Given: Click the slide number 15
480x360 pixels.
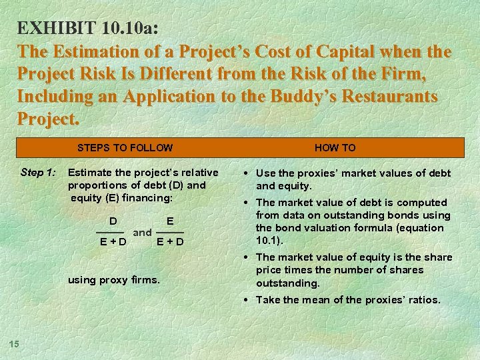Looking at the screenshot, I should (x=13, y=343).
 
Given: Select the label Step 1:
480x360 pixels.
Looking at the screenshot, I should (x=38, y=173).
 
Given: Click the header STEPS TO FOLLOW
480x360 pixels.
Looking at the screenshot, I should (x=125, y=148).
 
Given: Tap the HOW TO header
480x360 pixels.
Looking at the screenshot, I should (x=335, y=148).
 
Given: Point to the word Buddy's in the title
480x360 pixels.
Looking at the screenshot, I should (x=291, y=96).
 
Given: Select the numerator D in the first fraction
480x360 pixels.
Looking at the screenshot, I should (x=113, y=221).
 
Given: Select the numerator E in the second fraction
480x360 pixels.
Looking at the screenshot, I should (x=170, y=221).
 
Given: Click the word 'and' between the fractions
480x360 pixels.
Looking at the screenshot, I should (x=142, y=233).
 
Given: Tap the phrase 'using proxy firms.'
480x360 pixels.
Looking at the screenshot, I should (x=114, y=280).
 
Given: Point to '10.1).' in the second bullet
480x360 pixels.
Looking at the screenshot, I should (x=271, y=240).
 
